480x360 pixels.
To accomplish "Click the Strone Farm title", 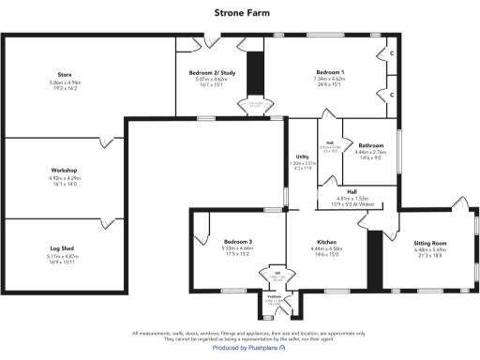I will (240, 13).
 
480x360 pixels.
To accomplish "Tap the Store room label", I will (65, 73).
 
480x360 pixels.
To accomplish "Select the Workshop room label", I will (65, 170).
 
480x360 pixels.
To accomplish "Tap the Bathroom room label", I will (371, 145).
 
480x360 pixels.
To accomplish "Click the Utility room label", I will (301, 157).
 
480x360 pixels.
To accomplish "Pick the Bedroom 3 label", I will (238, 241).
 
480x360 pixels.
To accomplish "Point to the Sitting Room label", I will (429, 243).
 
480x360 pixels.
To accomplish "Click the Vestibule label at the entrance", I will (274, 296).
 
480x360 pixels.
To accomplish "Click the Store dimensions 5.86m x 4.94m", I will (65, 82).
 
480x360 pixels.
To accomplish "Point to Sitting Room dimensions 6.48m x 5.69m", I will (429, 250).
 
